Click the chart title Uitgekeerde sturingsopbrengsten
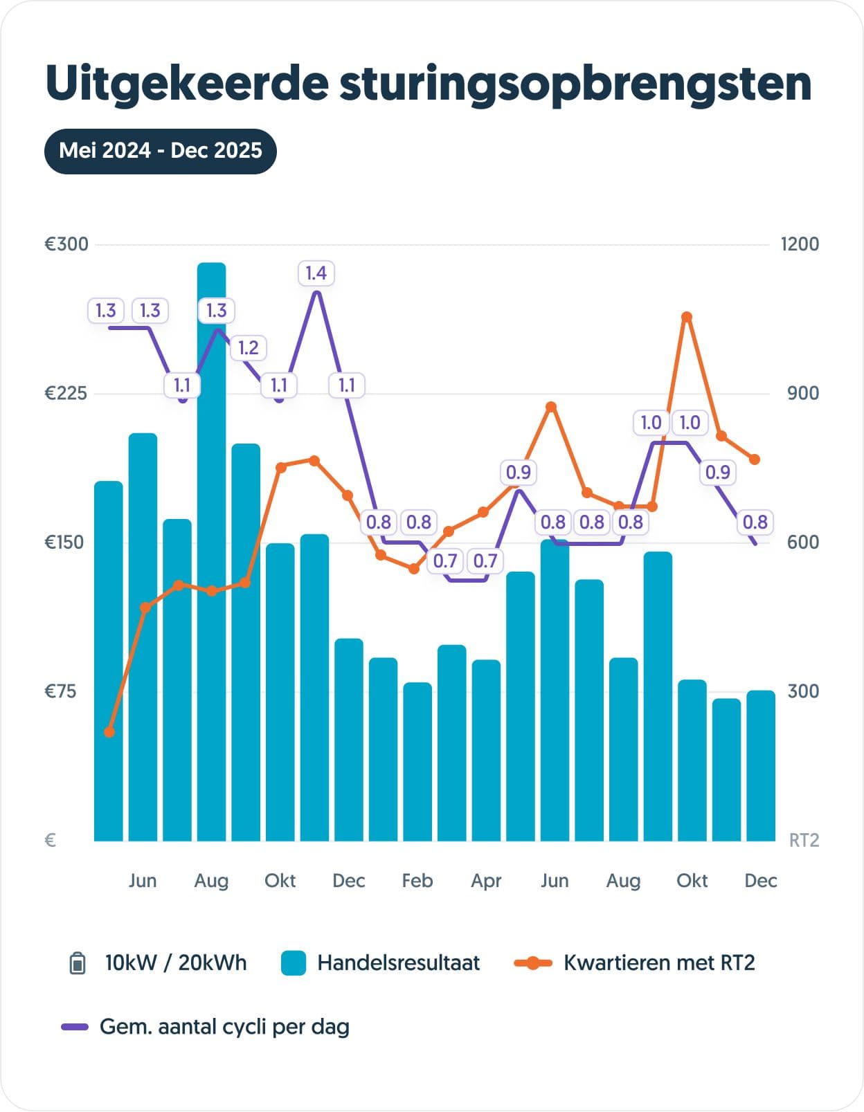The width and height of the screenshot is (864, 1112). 428,84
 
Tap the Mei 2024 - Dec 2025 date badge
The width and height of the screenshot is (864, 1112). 161,151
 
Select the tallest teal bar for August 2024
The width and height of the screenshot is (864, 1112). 211,554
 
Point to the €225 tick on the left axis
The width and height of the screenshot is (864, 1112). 66,394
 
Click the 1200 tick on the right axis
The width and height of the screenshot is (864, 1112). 800,244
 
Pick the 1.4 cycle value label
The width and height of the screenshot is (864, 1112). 316,273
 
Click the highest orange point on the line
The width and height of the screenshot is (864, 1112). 687,318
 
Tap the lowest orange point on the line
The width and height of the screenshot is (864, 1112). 109,732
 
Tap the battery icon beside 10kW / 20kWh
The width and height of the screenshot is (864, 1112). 78,963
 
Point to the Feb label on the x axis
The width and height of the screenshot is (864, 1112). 417,881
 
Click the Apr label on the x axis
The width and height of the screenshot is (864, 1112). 486,881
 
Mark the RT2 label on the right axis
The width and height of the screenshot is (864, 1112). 804,841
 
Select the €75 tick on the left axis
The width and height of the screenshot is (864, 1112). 61,691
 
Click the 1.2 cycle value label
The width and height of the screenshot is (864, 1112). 249,348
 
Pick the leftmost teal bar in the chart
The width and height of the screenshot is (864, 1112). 109,661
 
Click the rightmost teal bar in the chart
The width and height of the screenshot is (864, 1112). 761,765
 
